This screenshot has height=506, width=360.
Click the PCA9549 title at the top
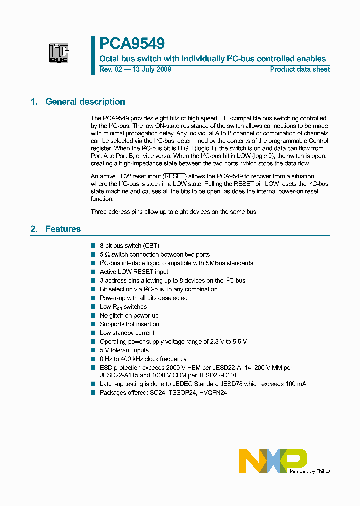click(132, 44)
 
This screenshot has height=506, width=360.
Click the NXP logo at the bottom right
click(273, 460)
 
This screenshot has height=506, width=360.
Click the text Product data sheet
click(300, 69)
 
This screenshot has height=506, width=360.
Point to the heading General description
click(85, 102)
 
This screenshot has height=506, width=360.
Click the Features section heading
click(63, 229)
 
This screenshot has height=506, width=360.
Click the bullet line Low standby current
click(127, 333)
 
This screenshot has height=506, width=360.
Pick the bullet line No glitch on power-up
click(129, 315)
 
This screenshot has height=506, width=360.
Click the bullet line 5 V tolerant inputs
click(124, 350)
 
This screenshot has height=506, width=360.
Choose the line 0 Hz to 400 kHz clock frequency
click(143, 359)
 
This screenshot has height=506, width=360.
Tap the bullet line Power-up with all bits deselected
click(143, 298)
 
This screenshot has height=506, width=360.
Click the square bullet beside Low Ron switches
click(93, 307)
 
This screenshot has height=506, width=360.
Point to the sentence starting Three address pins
click(174, 212)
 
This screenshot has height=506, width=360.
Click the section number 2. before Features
click(34, 229)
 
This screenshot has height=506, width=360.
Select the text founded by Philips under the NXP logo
click(310, 471)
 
